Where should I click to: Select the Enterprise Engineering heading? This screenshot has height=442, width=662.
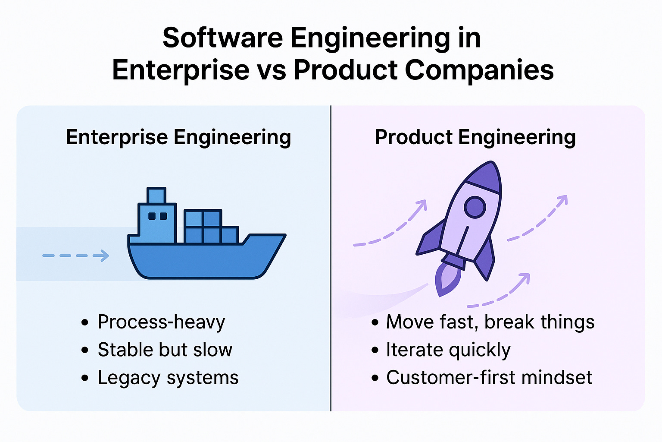tap(178, 138)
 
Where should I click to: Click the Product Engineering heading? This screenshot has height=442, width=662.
tap(475, 138)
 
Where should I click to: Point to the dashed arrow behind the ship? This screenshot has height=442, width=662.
tap(76, 256)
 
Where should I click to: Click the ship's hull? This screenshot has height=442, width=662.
tap(203, 259)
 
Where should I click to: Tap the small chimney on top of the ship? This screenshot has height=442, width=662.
tap(156, 195)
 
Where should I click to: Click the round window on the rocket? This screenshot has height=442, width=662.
tap(475, 207)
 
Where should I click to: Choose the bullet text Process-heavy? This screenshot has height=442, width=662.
tap(161, 322)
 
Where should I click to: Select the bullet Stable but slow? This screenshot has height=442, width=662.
tap(165, 350)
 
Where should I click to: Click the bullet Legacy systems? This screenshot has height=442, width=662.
tap(168, 378)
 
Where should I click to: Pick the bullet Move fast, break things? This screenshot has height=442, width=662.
tap(490, 322)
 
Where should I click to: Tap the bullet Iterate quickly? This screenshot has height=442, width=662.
tap(448, 350)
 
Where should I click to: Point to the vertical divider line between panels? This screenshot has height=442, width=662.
tap(331, 259)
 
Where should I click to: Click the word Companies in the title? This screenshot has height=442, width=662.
tap(479, 70)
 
